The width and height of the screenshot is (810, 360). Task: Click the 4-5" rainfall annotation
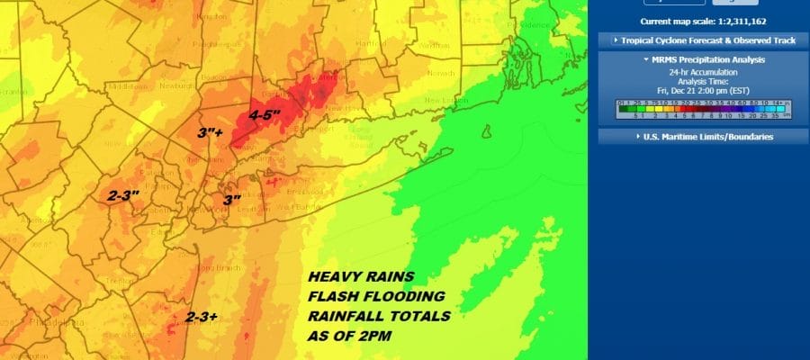(x=264, y=116)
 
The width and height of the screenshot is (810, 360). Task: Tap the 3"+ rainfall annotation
(x=212, y=133)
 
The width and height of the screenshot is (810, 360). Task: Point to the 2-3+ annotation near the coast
(x=202, y=317)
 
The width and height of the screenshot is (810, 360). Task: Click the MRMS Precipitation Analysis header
(x=704, y=59)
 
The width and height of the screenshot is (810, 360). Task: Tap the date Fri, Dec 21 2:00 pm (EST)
(x=705, y=90)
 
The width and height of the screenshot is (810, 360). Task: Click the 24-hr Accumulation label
(x=705, y=72)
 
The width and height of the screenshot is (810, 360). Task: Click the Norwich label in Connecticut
(x=440, y=72)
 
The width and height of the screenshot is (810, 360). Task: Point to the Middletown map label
(x=127, y=87)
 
